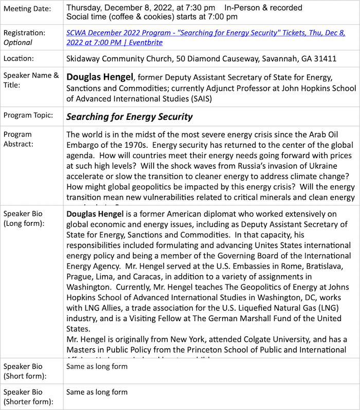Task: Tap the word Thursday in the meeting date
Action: click(x=84, y=8)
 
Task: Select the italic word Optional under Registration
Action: click(x=18, y=43)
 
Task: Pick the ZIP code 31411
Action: click(x=326, y=59)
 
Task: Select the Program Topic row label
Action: click(x=28, y=115)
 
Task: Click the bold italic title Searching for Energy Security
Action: click(x=129, y=117)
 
